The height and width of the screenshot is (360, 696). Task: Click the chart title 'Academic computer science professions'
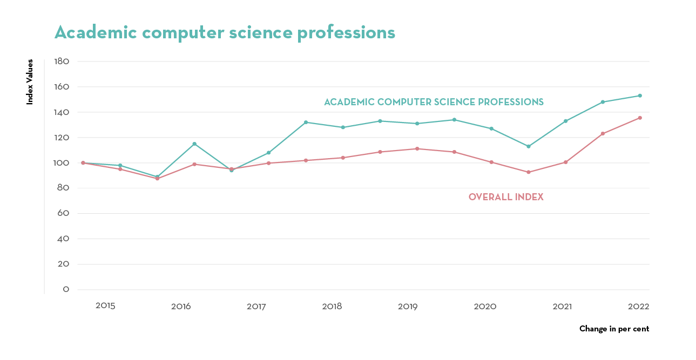click(x=225, y=33)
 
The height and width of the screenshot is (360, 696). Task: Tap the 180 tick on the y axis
click(x=62, y=62)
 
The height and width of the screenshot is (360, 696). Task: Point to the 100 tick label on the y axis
click(x=62, y=163)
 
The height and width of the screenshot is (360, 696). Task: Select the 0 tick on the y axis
click(x=66, y=290)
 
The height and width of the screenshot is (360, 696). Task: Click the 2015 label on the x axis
click(x=105, y=306)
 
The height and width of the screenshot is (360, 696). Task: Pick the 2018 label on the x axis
click(x=332, y=307)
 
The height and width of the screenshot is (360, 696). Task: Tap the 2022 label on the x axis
click(x=638, y=306)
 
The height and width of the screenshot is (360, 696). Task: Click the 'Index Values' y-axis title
click(x=30, y=81)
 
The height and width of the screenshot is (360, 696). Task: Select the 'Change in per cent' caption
click(x=614, y=329)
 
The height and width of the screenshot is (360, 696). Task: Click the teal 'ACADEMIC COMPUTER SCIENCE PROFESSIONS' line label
click(x=434, y=102)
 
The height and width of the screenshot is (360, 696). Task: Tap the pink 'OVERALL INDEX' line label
click(x=506, y=198)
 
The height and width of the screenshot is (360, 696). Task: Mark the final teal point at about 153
click(x=640, y=96)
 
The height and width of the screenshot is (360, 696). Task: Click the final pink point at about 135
click(x=640, y=118)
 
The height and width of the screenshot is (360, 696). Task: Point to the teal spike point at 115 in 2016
click(x=194, y=144)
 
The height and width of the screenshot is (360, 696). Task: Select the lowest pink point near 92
click(x=529, y=172)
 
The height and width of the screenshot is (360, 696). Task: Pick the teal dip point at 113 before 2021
click(x=529, y=146)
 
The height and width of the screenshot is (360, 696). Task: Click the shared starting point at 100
click(x=83, y=162)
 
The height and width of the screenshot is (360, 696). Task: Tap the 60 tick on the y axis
click(x=63, y=214)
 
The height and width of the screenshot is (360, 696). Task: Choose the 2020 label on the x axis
click(x=485, y=307)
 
